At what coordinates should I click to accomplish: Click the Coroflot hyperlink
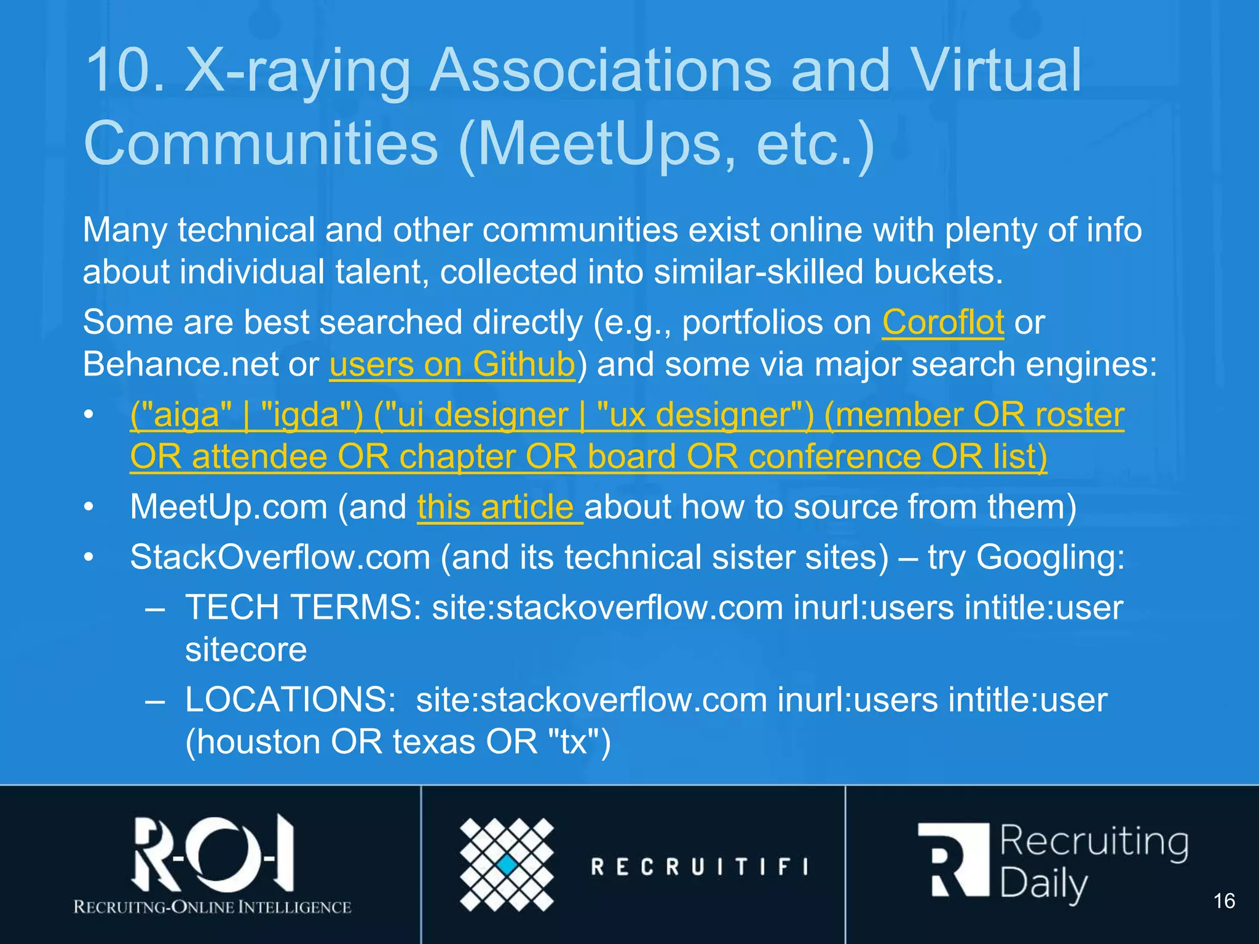943,323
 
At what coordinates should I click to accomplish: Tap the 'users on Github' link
452,365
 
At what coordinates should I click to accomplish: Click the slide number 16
1223,901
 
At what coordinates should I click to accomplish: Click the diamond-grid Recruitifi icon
507,865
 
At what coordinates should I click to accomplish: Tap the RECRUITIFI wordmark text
700,867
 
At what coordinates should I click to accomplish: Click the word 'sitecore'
246,650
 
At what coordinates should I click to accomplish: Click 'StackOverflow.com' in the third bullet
280,557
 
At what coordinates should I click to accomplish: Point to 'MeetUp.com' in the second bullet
229,508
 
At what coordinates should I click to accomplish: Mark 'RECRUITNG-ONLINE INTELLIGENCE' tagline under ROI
213,907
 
